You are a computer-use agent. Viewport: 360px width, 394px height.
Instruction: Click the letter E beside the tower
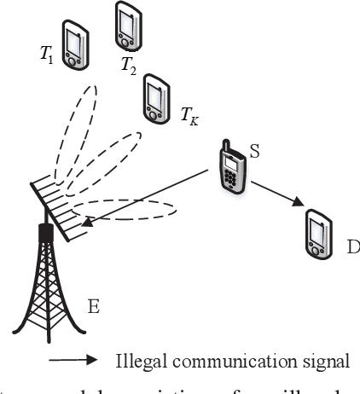point(93,306)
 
